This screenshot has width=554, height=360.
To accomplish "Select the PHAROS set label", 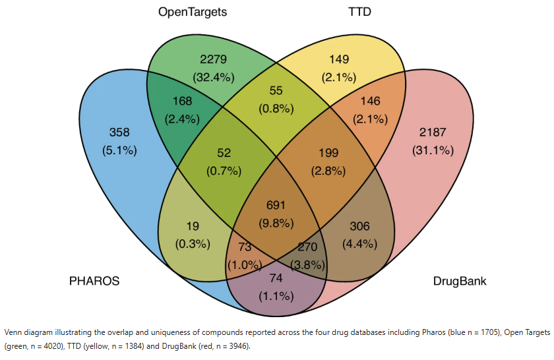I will pyautogui.click(x=94, y=281).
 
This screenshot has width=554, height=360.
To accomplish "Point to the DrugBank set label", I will pyautogui.click(x=460, y=281).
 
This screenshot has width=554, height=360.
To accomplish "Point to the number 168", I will pyautogui.click(x=182, y=101).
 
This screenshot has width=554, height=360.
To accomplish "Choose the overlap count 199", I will pyautogui.click(x=329, y=154).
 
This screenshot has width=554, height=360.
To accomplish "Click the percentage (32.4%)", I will pyautogui.click(x=213, y=76).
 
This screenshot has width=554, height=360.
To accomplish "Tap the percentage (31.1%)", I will pyautogui.click(x=433, y=150).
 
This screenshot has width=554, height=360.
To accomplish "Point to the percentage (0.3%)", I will pyautogui.click(x=193, y=243).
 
